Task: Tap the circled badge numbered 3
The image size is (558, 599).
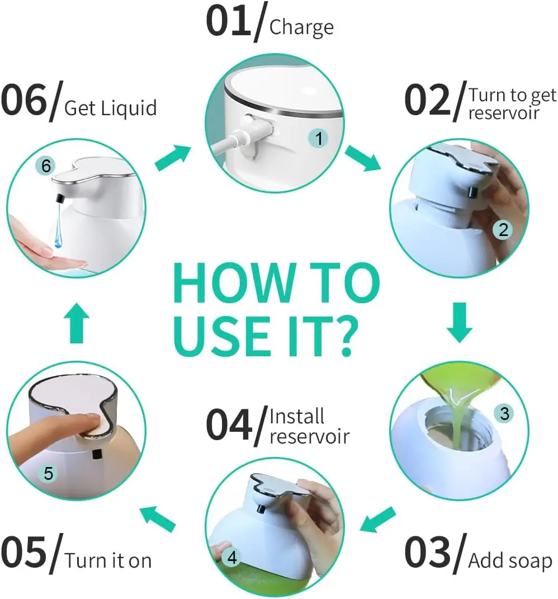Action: pyautogui.click(x=504, y=413)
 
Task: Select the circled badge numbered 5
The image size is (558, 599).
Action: pyautogui.click(x=48, y=474)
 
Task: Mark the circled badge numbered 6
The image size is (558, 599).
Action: pyautogui.click(x=46, y=166)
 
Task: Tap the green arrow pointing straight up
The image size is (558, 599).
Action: pyautogui.click(x=78, y=326)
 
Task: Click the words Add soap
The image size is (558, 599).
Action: pyautogui.click(x=509, y=560)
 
